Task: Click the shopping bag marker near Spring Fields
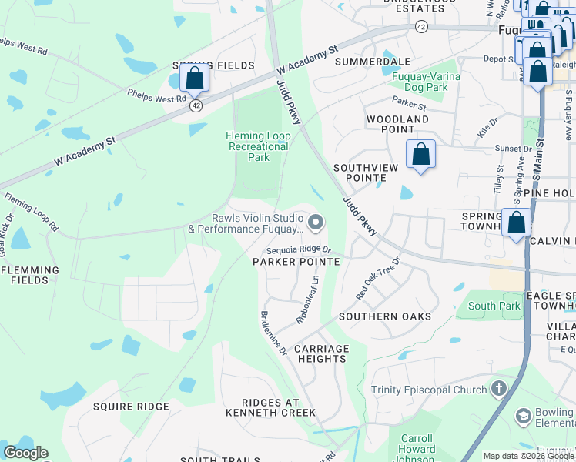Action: click(195, 79)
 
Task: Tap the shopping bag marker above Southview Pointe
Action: click(420, 154)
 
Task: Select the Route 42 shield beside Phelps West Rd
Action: click(196, 105)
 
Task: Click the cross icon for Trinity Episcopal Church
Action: click(499, 390)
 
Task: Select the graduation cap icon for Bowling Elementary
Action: click(524, 417)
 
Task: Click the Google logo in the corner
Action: click(25, 453)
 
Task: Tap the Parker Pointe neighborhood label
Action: click(296, 262)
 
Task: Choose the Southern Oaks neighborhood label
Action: click(385, 316)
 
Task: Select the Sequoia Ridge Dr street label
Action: click(298, 250)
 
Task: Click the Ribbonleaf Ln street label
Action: click(308, 300)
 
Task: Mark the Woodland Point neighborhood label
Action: click(397, 125)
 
